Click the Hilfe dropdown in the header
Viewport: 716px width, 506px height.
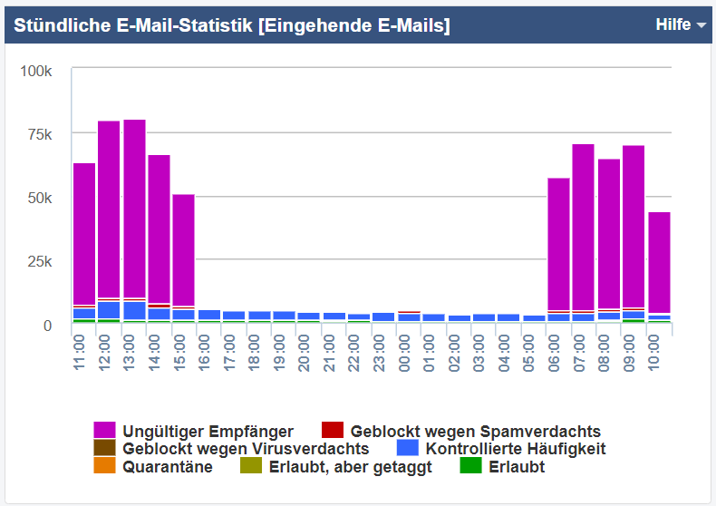point(680,25)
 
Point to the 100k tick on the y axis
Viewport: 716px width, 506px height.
point(37,71)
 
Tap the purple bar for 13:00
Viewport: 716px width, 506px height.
point(134,209)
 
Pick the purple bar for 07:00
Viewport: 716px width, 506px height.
point(583,227)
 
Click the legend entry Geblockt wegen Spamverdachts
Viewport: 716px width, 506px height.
point(475,431)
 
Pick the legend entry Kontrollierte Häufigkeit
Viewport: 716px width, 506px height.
point(515,448)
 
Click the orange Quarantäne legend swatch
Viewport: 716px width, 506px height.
point(104,466)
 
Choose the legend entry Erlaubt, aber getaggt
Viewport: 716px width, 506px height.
point(350,466)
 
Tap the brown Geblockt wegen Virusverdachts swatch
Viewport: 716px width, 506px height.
point(104,448)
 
